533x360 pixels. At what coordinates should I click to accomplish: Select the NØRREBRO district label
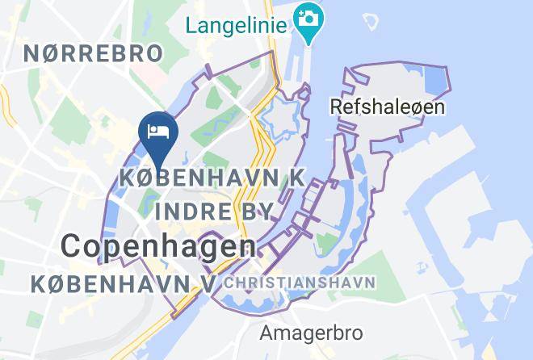pos(93,53)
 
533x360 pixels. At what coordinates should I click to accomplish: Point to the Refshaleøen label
pos(388,106)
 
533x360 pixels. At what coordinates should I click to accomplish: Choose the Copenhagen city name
pos(159,246)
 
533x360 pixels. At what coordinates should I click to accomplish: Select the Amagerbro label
pos(311,332)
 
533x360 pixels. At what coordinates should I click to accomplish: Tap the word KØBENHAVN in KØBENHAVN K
pos(192,177)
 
